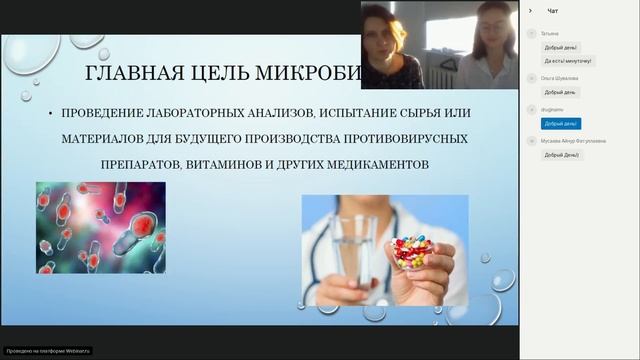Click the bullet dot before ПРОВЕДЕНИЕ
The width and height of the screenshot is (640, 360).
(50, 113)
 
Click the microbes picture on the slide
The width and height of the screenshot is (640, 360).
(100, 227)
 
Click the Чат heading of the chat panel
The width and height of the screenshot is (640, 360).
(553, 11)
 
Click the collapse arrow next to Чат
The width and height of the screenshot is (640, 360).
(530, 11)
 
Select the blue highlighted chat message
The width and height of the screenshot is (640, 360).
(561, 124)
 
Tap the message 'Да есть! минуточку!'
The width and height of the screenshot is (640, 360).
(567, 60)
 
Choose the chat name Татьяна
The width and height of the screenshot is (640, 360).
(550, 33)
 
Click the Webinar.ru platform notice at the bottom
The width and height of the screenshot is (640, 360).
(47, 351)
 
